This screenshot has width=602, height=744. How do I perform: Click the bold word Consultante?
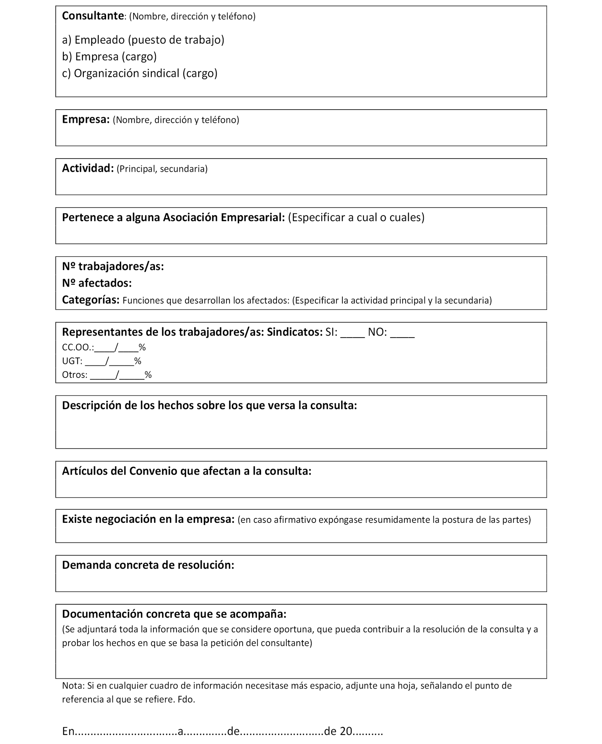point(93,16)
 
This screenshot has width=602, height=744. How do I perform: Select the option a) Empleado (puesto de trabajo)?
point(143,40)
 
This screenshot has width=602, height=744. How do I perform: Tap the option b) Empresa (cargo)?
point(109,57)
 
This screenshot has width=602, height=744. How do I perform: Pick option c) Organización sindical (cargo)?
point(140,73)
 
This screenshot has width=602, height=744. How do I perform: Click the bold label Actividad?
point(88,168)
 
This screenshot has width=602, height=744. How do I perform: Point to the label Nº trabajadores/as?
point(113,266)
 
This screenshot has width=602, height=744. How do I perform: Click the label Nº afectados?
point(97,283)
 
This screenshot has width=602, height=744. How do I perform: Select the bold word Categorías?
point(91,300)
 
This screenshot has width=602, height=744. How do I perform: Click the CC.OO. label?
point(78,347)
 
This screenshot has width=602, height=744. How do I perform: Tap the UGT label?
point(72,361)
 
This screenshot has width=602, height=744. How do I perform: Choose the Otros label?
point(74,375)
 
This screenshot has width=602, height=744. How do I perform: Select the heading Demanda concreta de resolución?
point(148,565)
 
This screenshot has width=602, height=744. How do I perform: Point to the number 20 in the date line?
point(345,731)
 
